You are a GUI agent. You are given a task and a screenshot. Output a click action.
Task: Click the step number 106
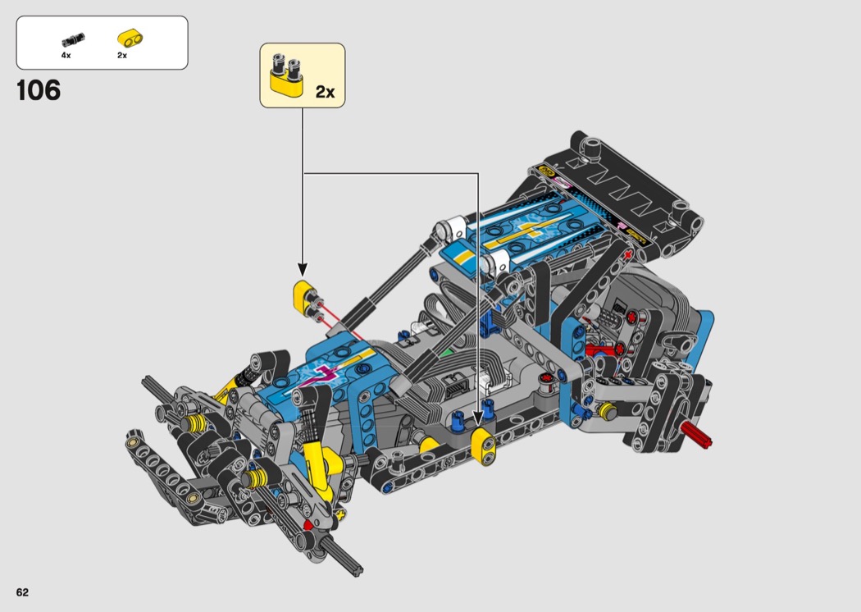coord(39,90)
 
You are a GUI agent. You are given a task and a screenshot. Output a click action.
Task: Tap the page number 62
coord(22,592)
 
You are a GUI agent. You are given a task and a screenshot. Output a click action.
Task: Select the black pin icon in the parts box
coord(73,40)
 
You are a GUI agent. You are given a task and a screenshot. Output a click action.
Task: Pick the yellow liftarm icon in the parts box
coord(130,39)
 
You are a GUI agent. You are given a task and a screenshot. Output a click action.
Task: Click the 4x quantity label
coord(66,56)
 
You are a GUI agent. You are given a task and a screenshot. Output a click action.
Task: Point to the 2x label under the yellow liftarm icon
coord(122,56)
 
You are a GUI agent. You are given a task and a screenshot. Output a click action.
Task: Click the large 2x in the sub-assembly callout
coord(325,92)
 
